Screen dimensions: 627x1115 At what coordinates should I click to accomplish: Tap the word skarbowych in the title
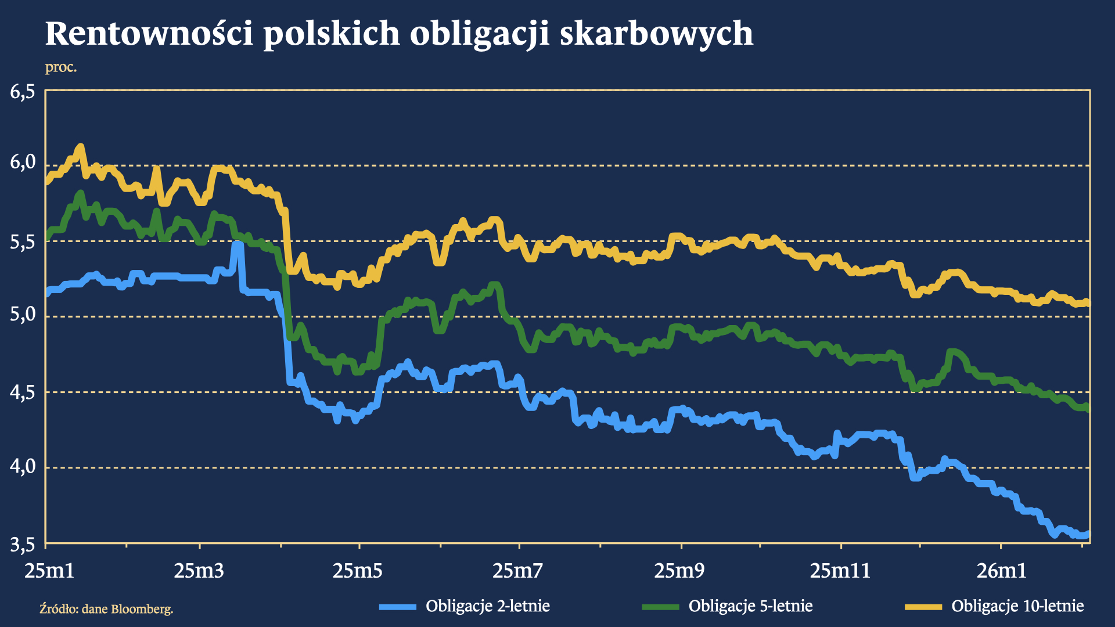pyautogui.click(x=656, y=34)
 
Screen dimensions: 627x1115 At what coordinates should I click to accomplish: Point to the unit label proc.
pyautogui.click(x=61, y=67)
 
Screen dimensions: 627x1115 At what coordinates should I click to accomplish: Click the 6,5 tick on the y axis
pyautogui.click(x=23, y=92)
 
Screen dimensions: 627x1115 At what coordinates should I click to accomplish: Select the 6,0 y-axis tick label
pyautogui.click(x=23, y=163)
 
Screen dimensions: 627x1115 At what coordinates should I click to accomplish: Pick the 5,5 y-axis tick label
pyautogui.click(x=23, y=242)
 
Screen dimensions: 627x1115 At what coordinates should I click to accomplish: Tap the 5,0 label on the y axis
pyautogui.click(x=23, y=315)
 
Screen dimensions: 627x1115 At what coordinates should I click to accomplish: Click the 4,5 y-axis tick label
pyautogui.click(x=23, y=392)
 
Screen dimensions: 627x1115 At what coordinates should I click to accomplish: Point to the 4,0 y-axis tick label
pyautogui.click(x=23, y=466)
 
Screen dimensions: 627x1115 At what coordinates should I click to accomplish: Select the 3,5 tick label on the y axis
pyautogui.click(x=23, y=545)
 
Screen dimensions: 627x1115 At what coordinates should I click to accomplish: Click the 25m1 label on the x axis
pyautogui.click(x=49, y=571)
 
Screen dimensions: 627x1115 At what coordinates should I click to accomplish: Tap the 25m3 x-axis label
pyautogui.click(x=199, y=571)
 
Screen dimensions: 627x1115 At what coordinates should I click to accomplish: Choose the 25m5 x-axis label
pyautogui.click(x=358, y=571)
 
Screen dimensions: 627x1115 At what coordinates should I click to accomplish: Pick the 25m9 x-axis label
pyautogui.click(x=679, y=571)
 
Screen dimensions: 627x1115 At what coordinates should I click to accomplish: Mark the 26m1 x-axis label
pyautogui.click(x=1001, y=571)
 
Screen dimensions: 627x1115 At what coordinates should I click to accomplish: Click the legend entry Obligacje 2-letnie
pyautogui.click(x=487, y=606)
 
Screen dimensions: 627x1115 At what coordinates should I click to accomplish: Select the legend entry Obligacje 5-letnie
pyautogui.click(x=750, y=606)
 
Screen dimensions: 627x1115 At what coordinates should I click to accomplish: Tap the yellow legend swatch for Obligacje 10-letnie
pyautogui.click(x=923, y=607)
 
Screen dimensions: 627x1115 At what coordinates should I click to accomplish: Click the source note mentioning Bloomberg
pyautogui.click(x=106, y=609)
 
